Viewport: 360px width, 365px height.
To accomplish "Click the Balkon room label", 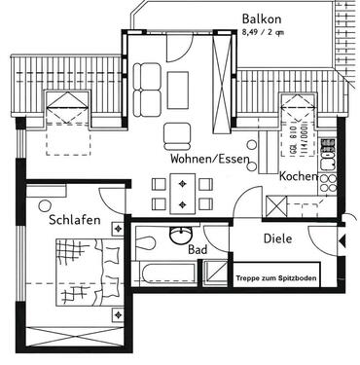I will (x=262, y=18).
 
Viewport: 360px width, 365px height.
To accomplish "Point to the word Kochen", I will (x=298, y=177).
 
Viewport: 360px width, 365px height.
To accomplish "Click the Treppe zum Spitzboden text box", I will (x=276, y=276).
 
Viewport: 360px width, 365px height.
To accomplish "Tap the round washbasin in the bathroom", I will (x=179, y=236).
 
